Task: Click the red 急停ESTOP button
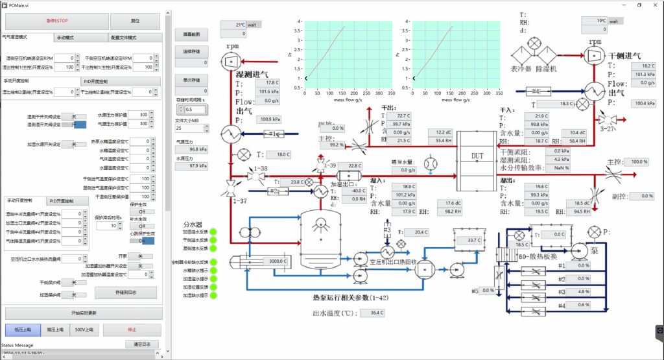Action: (x=42, y=21)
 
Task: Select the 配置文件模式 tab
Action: (x=123, y=38)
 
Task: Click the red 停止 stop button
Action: (x=132, y=330)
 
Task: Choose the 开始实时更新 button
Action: (x=82, y=313)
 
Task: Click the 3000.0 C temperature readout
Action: (x=278, y=261)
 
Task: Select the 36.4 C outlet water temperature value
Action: (x=372, y=313)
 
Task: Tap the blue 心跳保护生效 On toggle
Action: (x=146, y=241)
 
